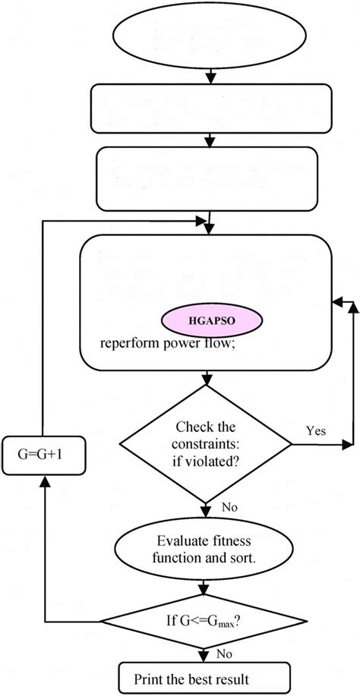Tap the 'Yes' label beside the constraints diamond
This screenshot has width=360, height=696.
point(316,430)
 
